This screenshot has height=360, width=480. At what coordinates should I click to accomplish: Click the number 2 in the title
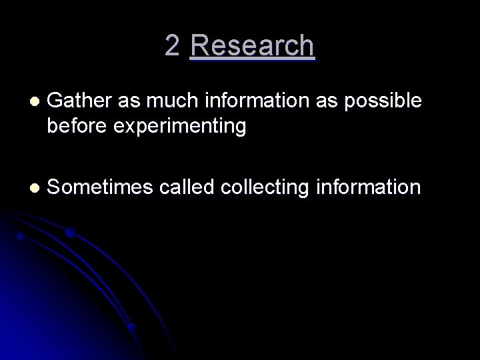point(172,46)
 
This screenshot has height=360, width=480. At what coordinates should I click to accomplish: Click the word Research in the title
point(252,46)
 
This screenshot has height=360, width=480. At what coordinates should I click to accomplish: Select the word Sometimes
point(101,187)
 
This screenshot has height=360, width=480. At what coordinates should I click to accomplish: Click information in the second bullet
point(369,187)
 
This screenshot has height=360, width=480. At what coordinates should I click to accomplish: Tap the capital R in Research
point(199,46)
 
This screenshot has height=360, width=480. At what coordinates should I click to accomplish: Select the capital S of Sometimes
point(55,187)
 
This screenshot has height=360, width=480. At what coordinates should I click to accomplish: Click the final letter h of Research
point(307,46)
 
